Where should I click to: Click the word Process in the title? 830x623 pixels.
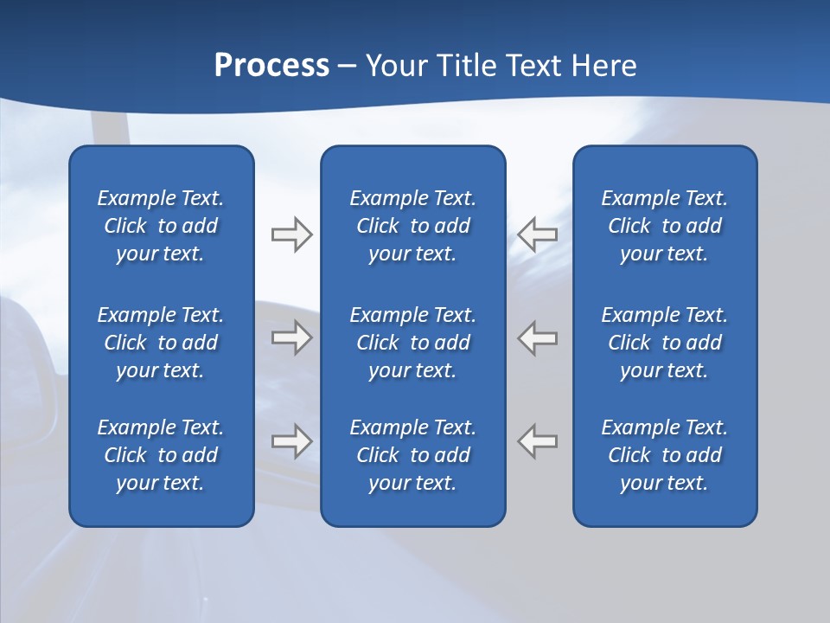(x=271, y=66)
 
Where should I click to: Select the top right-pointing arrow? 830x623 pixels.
(x=291, y=234)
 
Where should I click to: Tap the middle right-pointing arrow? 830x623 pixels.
(x=291, y=337)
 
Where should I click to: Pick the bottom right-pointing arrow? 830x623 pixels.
(x=291, y=441)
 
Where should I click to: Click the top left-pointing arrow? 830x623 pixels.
(x=537, y=234)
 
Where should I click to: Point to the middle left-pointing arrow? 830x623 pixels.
(x=537, y=337)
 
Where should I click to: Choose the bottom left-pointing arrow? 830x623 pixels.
(x=537, y=441)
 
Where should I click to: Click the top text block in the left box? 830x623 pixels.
(x=161, y=226)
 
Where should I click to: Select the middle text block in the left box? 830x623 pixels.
(x=161, y=343)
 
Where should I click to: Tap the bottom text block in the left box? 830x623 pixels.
(x=161, y=455)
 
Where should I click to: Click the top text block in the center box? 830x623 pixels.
(x=412, y=226)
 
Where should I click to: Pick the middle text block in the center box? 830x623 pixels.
(x=412, y=343)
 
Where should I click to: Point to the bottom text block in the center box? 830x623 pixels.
(x=412, y=455)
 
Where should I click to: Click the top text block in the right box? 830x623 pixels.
(x=664, y=226)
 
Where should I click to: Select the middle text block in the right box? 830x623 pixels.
(x=664, y=343)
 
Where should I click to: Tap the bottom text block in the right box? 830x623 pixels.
(x=664, y=455)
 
